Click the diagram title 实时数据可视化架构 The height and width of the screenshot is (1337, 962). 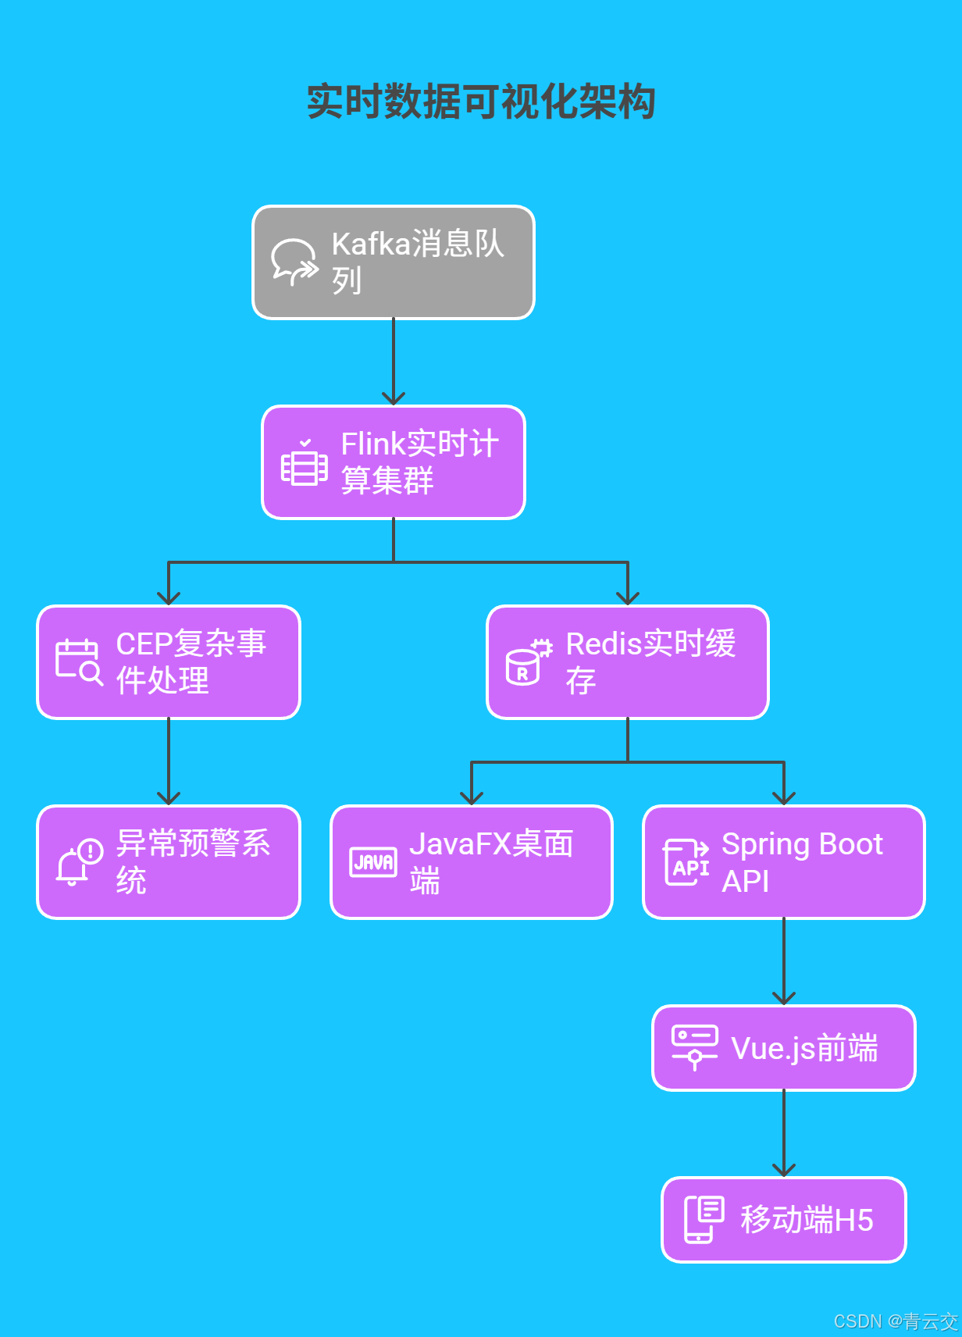480,102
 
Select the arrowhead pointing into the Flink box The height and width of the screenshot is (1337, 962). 394,398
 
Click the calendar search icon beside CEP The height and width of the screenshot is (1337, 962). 78,662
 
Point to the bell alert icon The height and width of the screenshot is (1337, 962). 78,862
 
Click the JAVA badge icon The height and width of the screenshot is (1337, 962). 372,862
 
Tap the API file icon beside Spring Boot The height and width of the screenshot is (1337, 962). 686,862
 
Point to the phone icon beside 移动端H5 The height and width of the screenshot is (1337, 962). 703,1219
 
